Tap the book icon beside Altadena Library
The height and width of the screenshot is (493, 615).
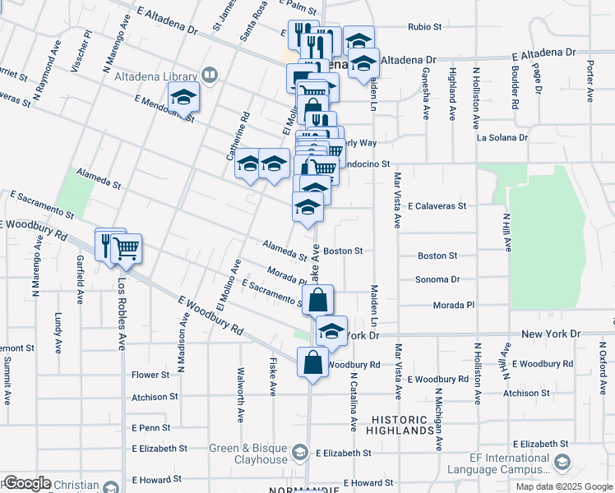210,76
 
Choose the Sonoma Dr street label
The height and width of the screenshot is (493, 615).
445,279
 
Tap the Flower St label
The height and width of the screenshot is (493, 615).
150,375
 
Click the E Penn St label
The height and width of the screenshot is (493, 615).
150,428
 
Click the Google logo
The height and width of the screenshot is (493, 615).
26,483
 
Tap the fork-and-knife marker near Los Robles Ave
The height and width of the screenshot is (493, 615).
106,243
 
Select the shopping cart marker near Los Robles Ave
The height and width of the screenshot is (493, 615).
126,248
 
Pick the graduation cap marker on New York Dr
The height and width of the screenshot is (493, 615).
331,331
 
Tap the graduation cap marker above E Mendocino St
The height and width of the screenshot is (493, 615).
184,98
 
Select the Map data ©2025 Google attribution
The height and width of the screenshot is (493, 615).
564,486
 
